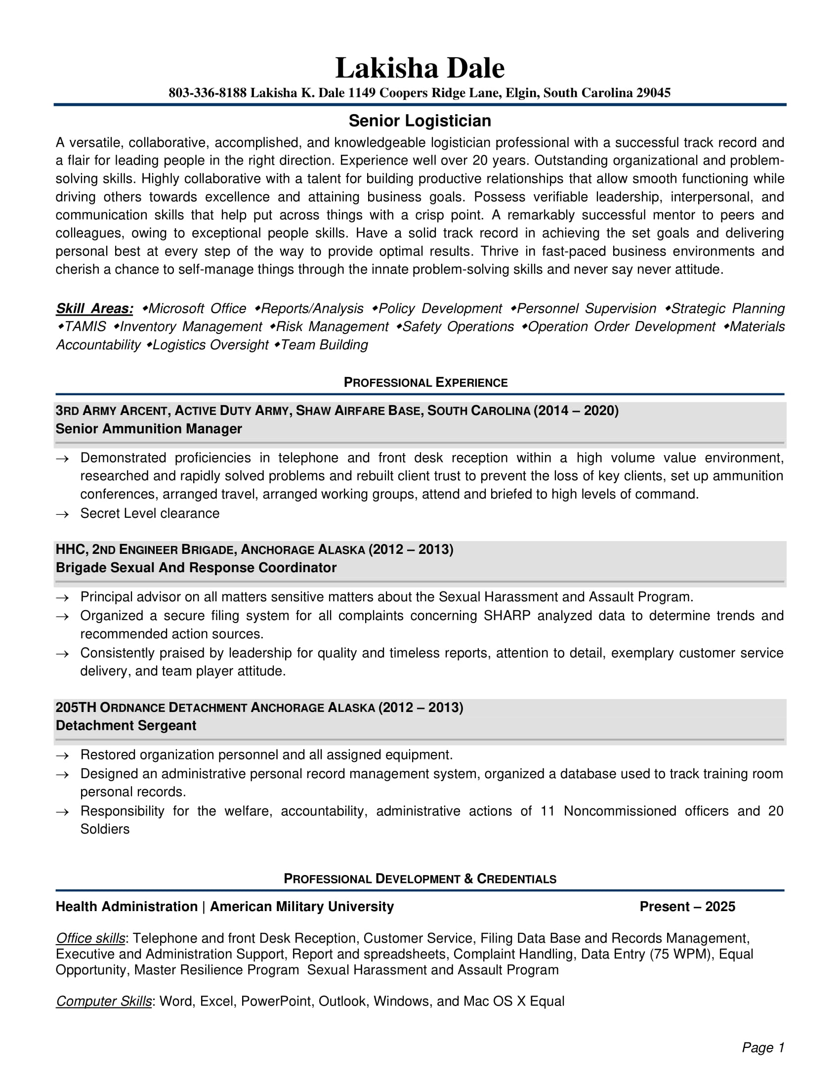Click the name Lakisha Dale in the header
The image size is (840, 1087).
coord(420,68)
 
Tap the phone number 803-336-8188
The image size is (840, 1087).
coord(208,93)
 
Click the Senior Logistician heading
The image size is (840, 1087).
coord(420,121)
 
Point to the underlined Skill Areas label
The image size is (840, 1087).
coord(94,309)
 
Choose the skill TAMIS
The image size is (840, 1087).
coord(85,327)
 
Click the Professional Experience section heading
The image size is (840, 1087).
coord(425,382)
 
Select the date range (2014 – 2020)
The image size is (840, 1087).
coord(576,411)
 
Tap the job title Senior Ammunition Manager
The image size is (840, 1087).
coord(149,428)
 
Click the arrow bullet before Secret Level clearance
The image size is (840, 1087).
coord(62,514)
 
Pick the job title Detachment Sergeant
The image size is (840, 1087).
coord(126,726)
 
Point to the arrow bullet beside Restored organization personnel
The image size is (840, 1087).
coord(62,755)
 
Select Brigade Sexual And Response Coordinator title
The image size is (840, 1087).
coord(196,568)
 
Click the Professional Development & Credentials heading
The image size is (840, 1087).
coord(420,878)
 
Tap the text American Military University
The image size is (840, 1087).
coord(301,906)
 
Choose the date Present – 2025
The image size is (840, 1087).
coord(687,906)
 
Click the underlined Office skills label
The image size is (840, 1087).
coord(90,938)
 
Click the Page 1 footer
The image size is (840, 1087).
coord(762,1047)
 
